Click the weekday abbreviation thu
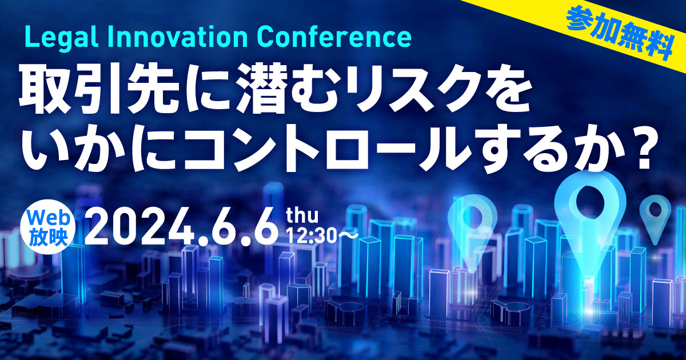[x=302, y=216]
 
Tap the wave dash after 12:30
[x=347, y=237]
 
